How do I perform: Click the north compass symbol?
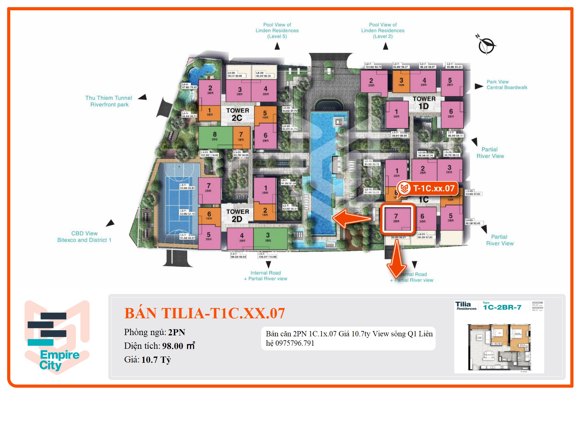486,45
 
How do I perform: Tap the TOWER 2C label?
237,114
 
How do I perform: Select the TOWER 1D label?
424,103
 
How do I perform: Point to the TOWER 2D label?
237,215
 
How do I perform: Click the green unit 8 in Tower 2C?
215,137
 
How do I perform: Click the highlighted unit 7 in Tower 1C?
397,218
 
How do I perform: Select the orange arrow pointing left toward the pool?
352,218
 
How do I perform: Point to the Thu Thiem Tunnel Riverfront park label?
109,101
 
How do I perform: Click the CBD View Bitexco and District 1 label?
84,237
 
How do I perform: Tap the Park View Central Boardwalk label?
507,85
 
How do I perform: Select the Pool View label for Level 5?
277,30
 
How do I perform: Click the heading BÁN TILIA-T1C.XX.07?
204,313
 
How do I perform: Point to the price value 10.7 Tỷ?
156,360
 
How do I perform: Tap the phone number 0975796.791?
295,343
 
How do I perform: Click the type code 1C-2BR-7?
502,307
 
